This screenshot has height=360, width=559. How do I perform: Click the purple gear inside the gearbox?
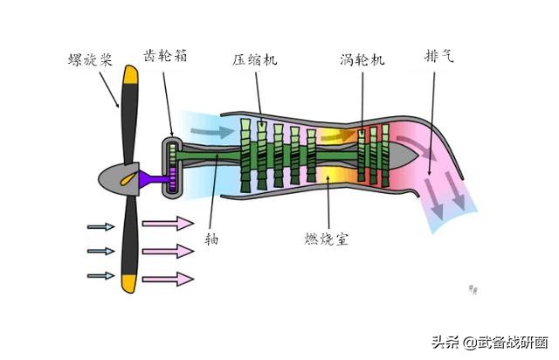[173, 180]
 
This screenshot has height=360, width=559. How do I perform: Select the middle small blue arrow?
[101, 252]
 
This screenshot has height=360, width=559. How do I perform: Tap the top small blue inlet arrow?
[101, 227]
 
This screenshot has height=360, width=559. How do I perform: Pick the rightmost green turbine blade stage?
[385, 154]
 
